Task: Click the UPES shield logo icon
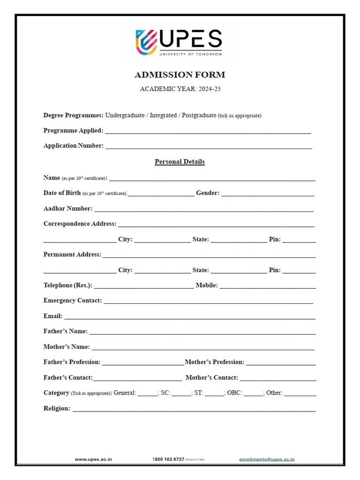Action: click(x=146, y=41)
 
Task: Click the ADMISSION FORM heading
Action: click(x=180, y=75)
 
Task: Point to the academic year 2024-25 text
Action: click(x=180, y=89)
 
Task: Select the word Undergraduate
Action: click(x=125, y=115)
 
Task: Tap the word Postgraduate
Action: click(x=198, y=115)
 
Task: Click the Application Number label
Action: click(x=74, y=145)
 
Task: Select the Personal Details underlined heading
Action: click(x=180, y=162)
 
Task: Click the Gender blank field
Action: click(x=268, y=194)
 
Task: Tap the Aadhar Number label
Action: click(x=68, y=208)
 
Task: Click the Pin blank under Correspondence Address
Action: click(x=299, y=240)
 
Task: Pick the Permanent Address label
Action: click(x=72, y=255)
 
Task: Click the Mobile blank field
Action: click(x=268, y=286)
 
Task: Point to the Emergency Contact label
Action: click(x=73, y=300)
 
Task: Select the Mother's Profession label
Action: click(x=215, y=362)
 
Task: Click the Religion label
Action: click(x=57, y=408)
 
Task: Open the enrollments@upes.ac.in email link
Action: click(x=267, y=460)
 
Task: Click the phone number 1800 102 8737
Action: click(x=168, y=460)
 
